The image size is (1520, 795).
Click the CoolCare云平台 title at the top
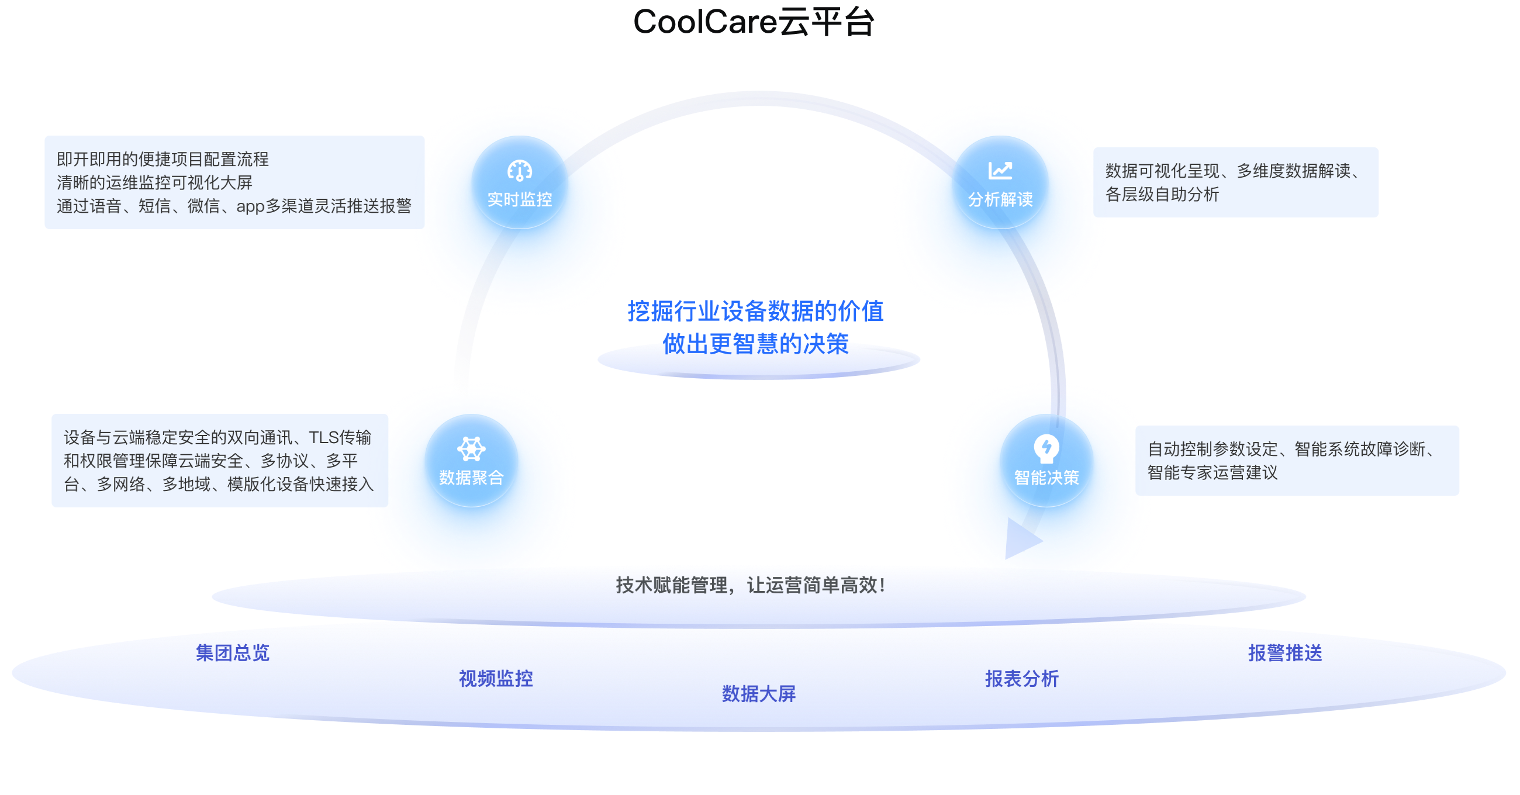[x=754, y=22]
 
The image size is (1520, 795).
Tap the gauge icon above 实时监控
[x=520, y=171]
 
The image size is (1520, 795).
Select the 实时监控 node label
[x=520, y=199]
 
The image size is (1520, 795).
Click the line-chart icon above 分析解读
[x=1001, y=171]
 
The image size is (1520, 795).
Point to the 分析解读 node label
[x=1001, y=199]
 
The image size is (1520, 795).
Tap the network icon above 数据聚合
[x=471, y=448]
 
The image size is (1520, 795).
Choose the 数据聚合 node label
[x=471, y=478]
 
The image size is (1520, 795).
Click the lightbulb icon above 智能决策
[x=1047, y=448]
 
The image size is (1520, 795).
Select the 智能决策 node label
[x=1047, y=478]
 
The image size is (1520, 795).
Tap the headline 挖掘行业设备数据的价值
[x=755, y=311]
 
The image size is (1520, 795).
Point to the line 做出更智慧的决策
[x=756, y=344]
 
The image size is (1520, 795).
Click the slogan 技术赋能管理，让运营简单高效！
[x=751, y=585]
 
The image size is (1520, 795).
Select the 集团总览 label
[x=233, y=653]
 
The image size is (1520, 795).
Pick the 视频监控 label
[x=496, y=679]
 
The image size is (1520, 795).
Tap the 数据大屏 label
[x=759, y=693]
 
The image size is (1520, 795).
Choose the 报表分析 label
[x=1022, y=679]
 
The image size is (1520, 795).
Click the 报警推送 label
[x=1285, y=653]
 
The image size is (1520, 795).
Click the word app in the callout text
[x=250, y=206]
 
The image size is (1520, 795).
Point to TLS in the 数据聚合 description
[x=324, y=437]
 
